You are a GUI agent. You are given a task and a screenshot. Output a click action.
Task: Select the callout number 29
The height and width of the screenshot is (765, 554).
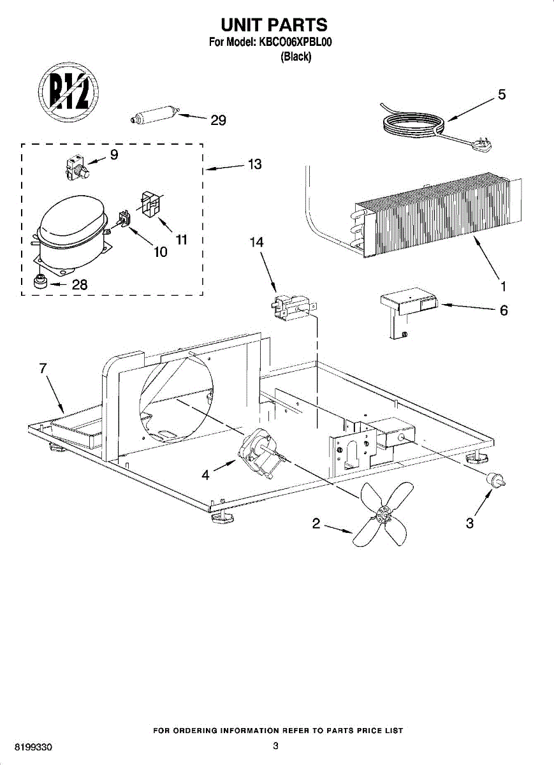coord(218,120)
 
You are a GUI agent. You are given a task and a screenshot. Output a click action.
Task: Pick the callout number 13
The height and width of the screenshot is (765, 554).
coord(254,164)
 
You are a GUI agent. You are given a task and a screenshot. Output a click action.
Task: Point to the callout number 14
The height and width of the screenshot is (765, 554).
coord(256,242)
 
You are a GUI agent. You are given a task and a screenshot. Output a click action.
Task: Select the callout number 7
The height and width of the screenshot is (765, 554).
coord(43,368)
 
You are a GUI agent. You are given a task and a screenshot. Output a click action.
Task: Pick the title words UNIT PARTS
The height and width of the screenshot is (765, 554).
coord(274,24)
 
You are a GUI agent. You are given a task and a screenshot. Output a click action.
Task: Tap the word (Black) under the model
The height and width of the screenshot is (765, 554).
coord(296,57)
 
